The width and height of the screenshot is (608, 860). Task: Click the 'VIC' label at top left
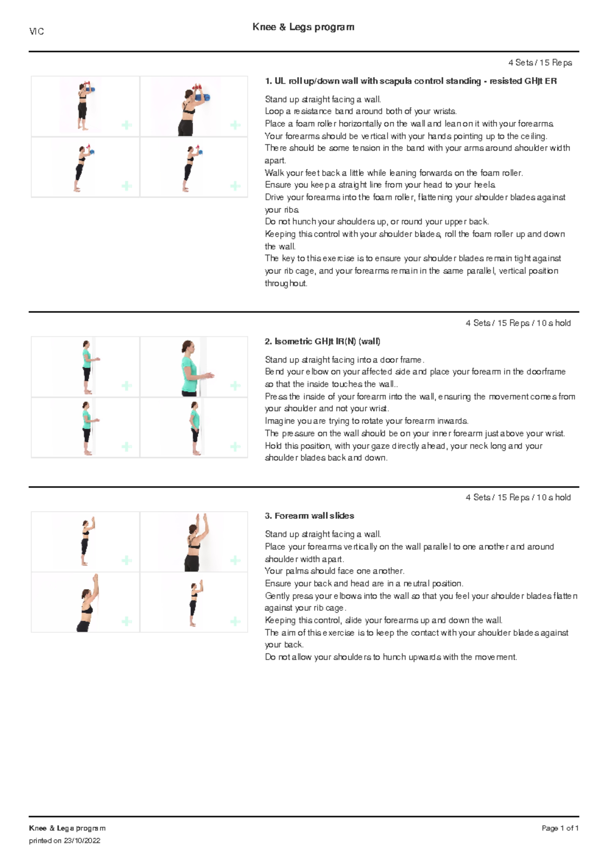[36, 31]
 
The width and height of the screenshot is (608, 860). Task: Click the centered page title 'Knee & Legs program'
[303, 27]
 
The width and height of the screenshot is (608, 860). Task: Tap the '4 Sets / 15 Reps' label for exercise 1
[540, 63]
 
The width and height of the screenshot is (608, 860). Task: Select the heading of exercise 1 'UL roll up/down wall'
[410, 81]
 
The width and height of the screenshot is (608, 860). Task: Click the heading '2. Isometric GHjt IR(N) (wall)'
[322, 341]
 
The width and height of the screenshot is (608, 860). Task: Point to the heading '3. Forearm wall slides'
[309, 516]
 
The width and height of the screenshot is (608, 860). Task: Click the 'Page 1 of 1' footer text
[560, 828]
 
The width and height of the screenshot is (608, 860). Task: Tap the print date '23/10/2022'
[82, 841]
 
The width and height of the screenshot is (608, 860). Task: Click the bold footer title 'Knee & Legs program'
[67, 828]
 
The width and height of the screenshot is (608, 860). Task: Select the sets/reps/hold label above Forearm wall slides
[518, 497]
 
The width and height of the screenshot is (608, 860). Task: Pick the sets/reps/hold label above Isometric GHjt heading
[518, 323]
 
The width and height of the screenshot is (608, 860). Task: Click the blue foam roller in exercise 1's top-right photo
[205, 97]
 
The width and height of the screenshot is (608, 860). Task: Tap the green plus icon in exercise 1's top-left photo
[127, 125]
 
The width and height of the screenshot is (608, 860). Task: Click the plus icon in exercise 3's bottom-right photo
[235, 621]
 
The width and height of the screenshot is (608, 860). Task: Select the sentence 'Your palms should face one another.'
[334, 571]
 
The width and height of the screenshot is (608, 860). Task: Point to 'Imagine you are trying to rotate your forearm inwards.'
[366, 421]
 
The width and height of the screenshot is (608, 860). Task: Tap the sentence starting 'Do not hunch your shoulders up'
[376, 222]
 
